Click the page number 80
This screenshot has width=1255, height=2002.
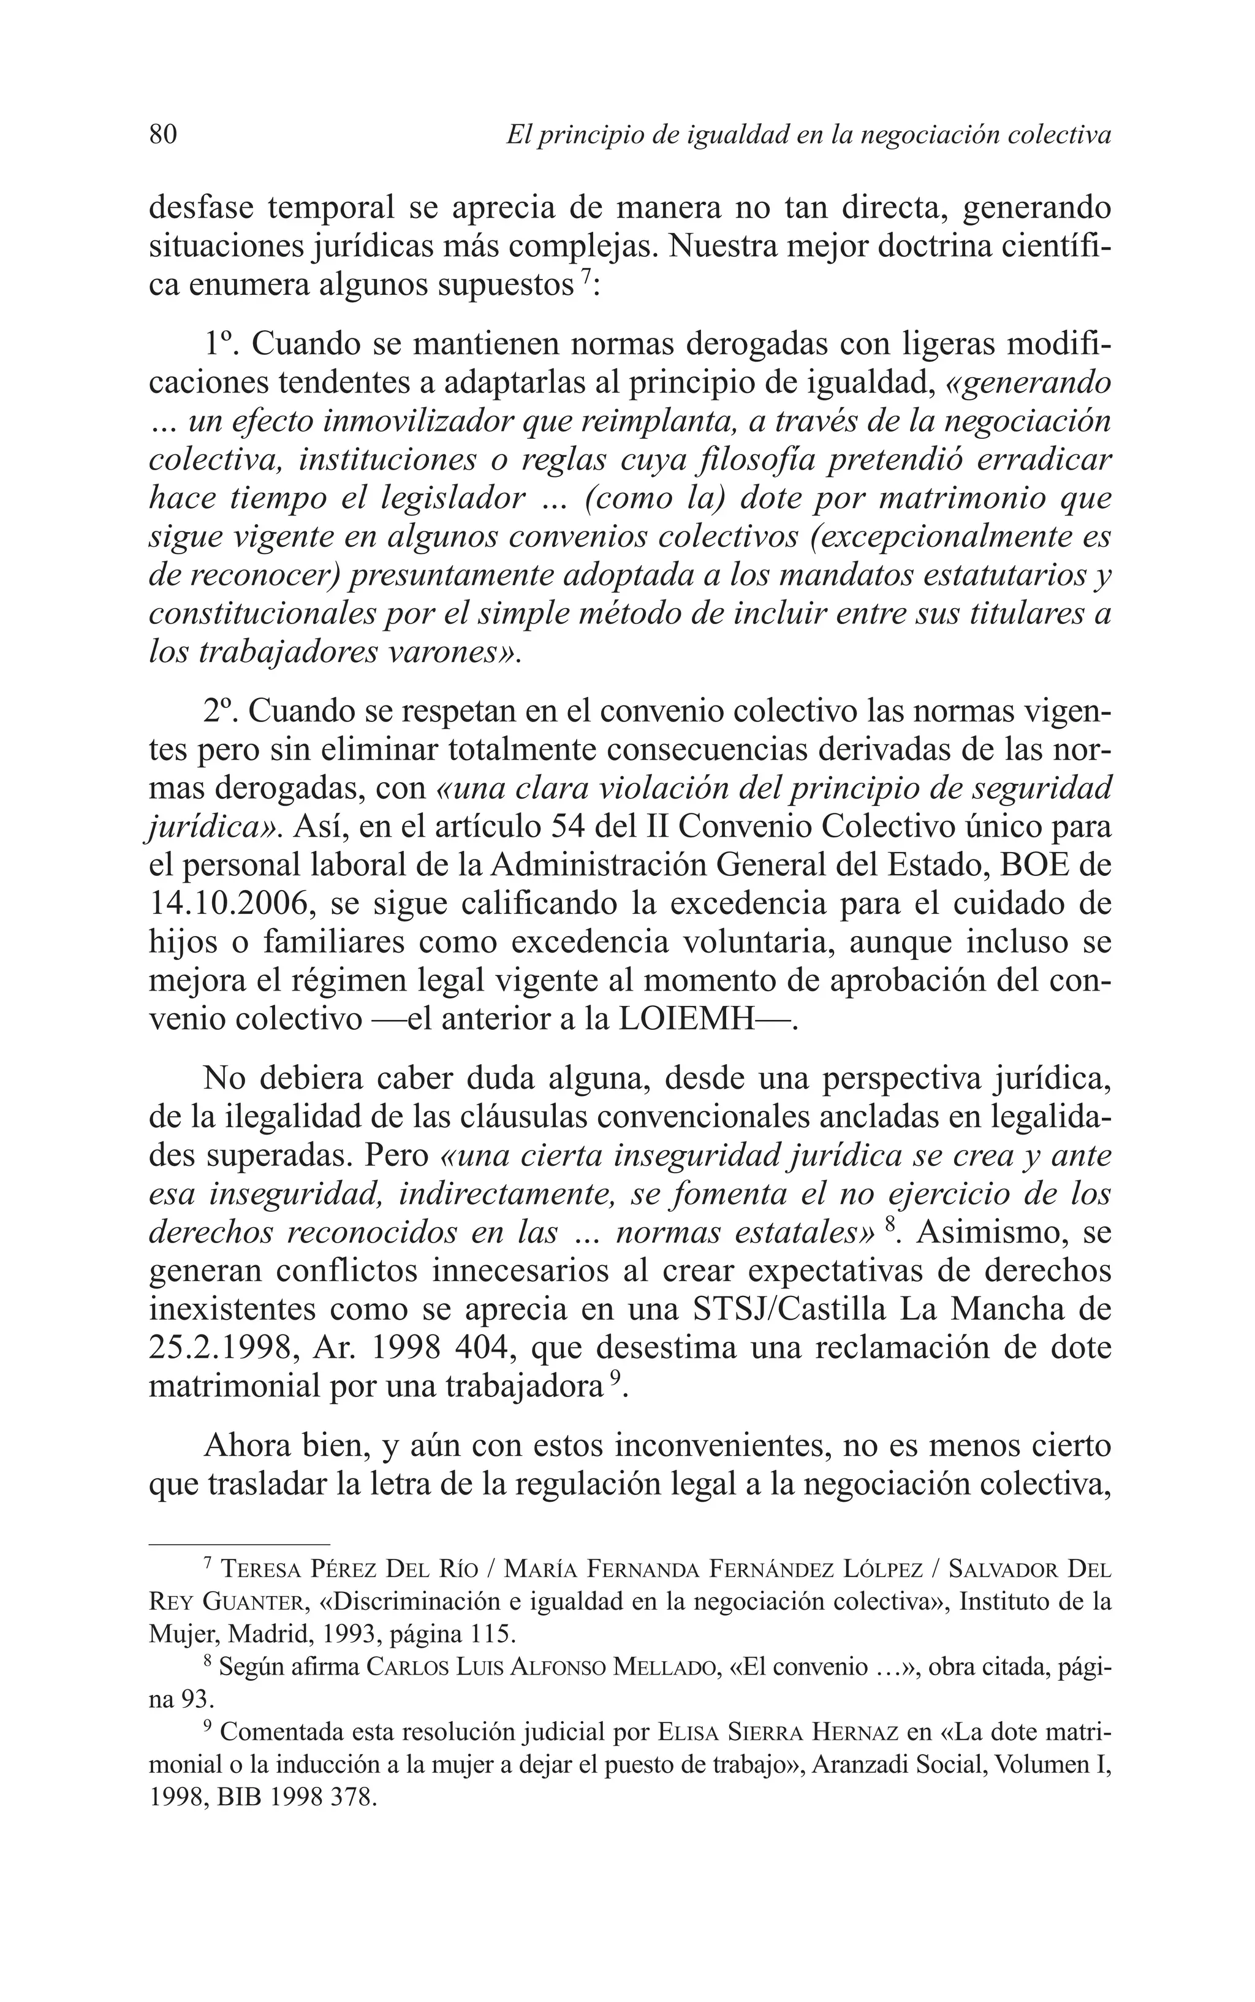pyautogui.click(x=162, y=134)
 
